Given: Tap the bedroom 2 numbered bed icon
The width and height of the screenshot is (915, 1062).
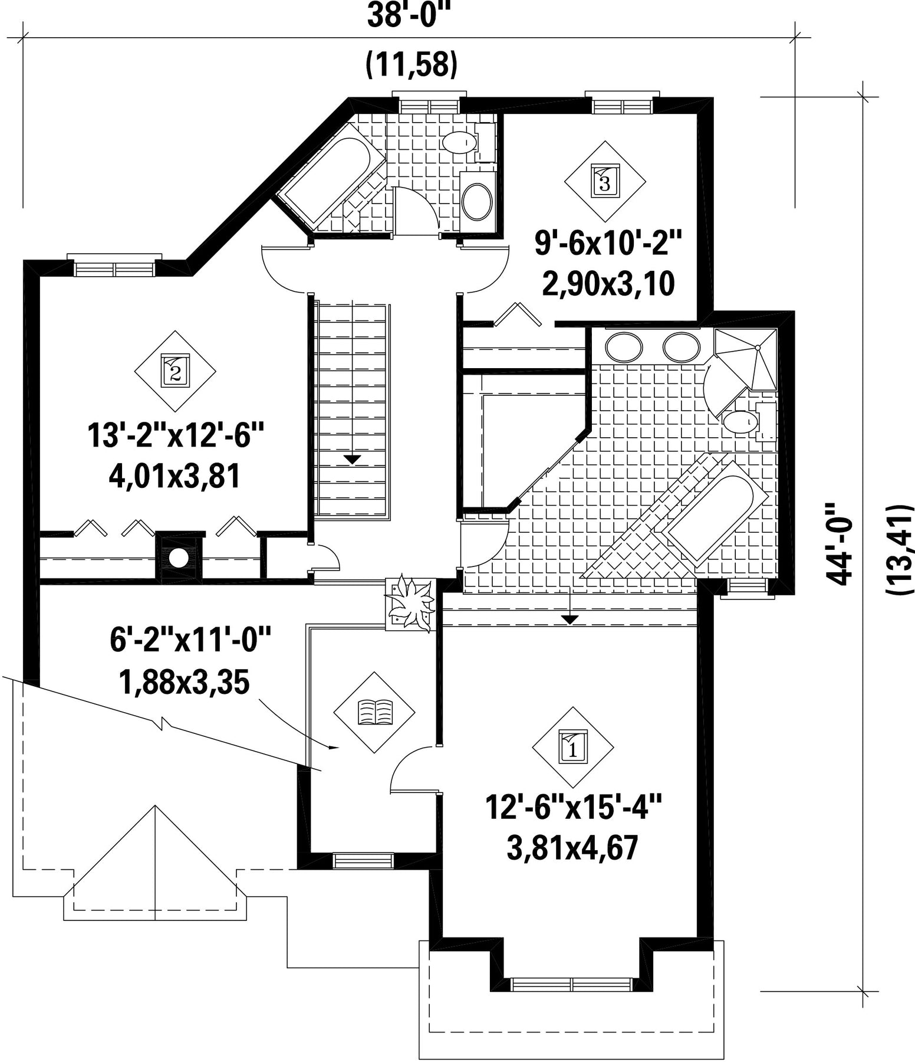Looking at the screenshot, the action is click(x=175, y=371).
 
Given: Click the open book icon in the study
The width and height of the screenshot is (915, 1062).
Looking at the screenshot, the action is click(x=374, y=712).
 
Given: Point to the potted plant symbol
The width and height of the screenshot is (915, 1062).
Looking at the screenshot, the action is click(x=410, y=603).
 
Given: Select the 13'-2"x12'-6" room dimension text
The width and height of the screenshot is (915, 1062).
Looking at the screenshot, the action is click(x=175, y=437).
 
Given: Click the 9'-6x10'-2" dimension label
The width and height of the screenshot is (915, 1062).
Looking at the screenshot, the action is click(x=607, y=242).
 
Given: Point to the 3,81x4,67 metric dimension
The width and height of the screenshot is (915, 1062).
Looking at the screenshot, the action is click(x=572, y=848).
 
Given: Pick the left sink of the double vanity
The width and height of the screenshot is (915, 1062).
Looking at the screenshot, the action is click(x=624, y=348).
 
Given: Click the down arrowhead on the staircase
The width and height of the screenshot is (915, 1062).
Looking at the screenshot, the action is click(x=353, y=459).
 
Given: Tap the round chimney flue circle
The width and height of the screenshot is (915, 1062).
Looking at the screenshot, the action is click(x=179, y=557).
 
